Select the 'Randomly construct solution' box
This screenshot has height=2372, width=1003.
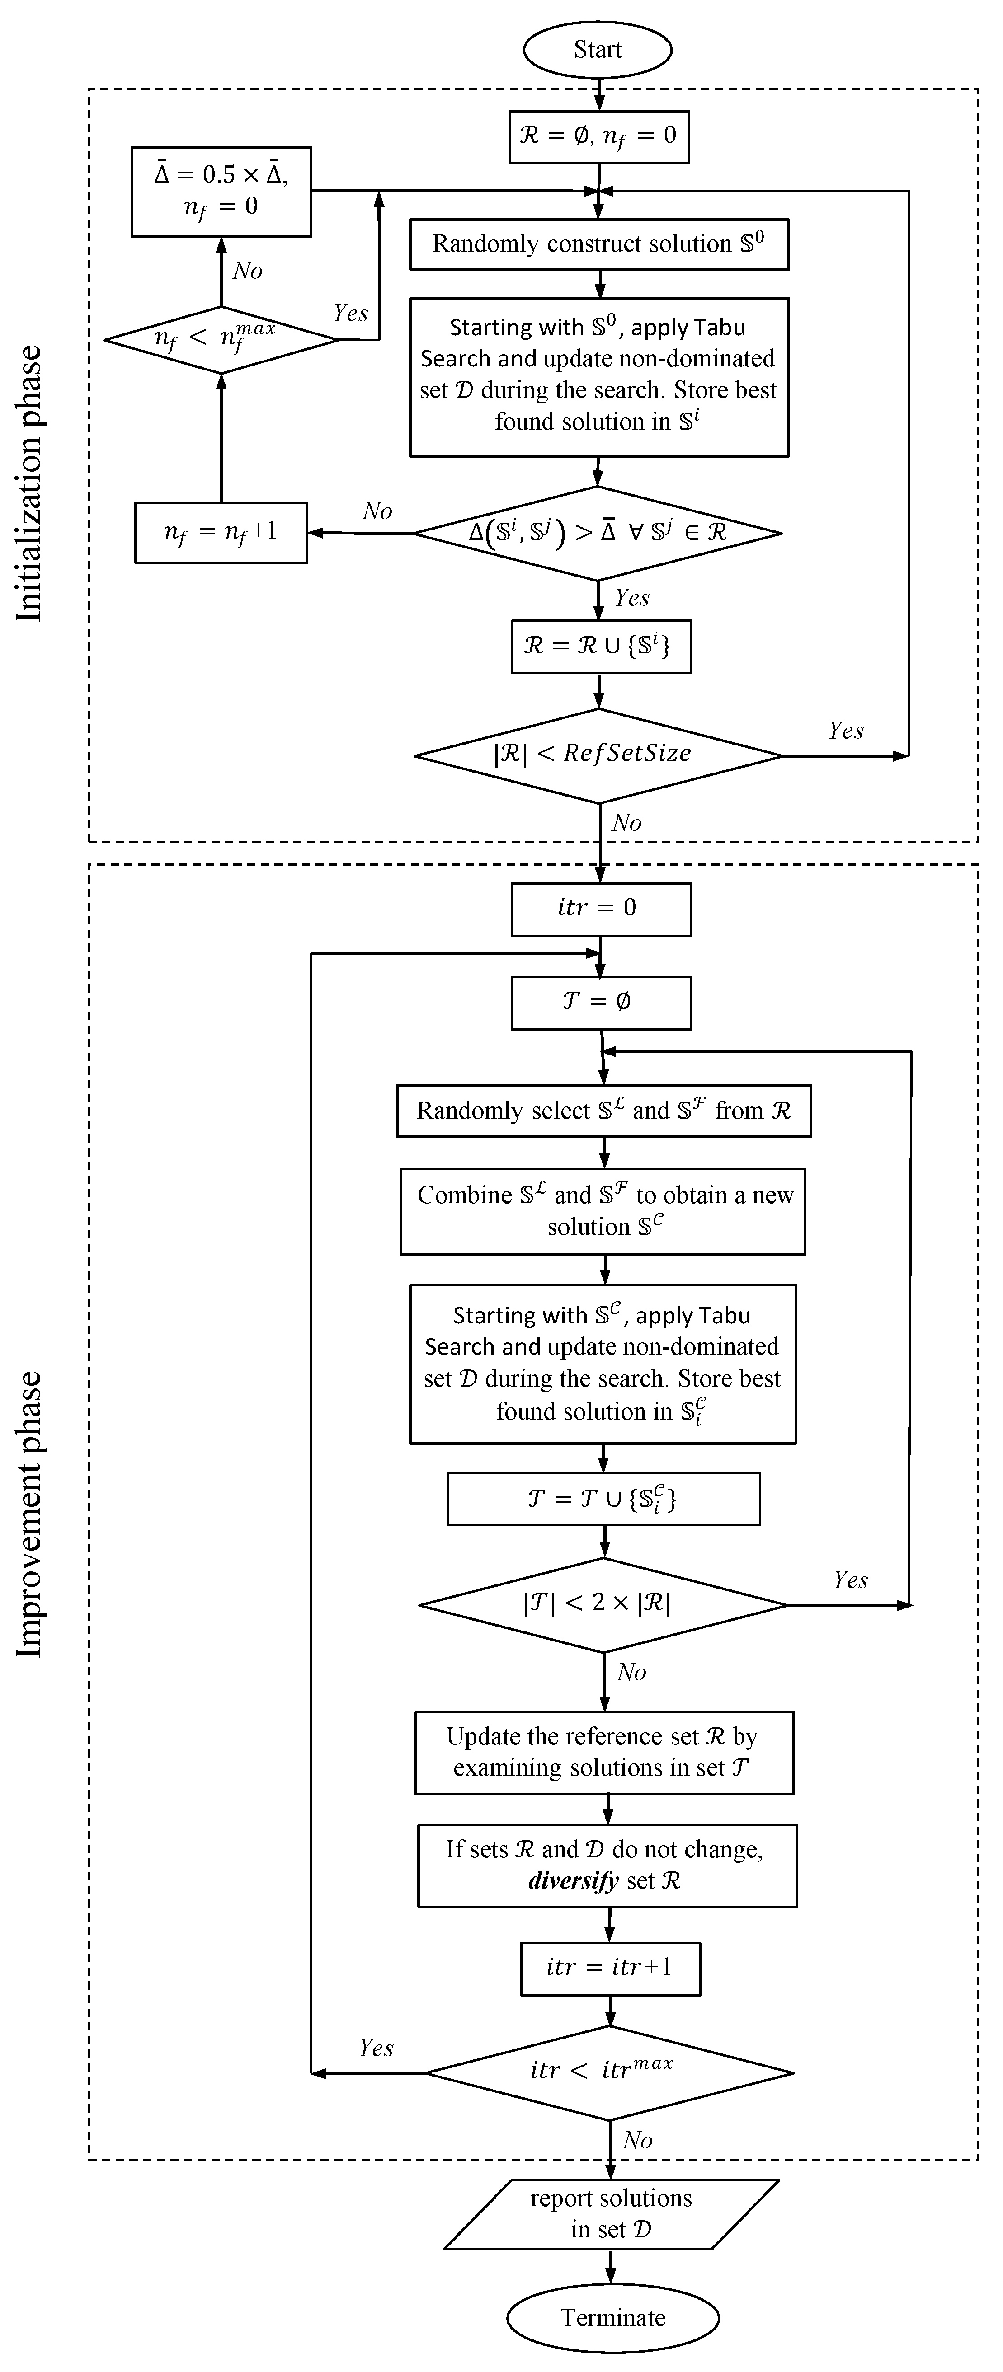(598, 244)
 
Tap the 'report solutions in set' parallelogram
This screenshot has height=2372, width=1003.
(612, 2213)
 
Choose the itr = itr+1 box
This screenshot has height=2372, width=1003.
(609, 1967)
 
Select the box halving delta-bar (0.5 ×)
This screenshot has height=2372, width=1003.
(221, 191)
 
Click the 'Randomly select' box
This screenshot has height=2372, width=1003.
(603, 1111)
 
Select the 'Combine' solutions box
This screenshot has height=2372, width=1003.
(603, 1211)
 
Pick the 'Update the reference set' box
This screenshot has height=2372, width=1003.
(604, 1752)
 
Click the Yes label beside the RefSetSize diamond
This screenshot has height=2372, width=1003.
(845, 731)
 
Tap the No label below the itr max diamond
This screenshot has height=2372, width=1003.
(637, 2140)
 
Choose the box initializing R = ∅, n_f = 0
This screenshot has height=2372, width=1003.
(598, 136)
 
